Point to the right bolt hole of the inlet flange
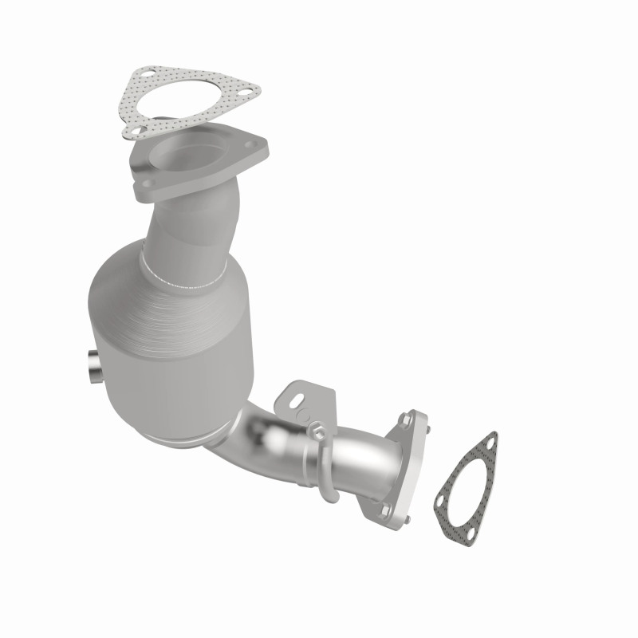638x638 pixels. [x=253, y=147]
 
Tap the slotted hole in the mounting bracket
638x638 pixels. [x=297, y=396]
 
